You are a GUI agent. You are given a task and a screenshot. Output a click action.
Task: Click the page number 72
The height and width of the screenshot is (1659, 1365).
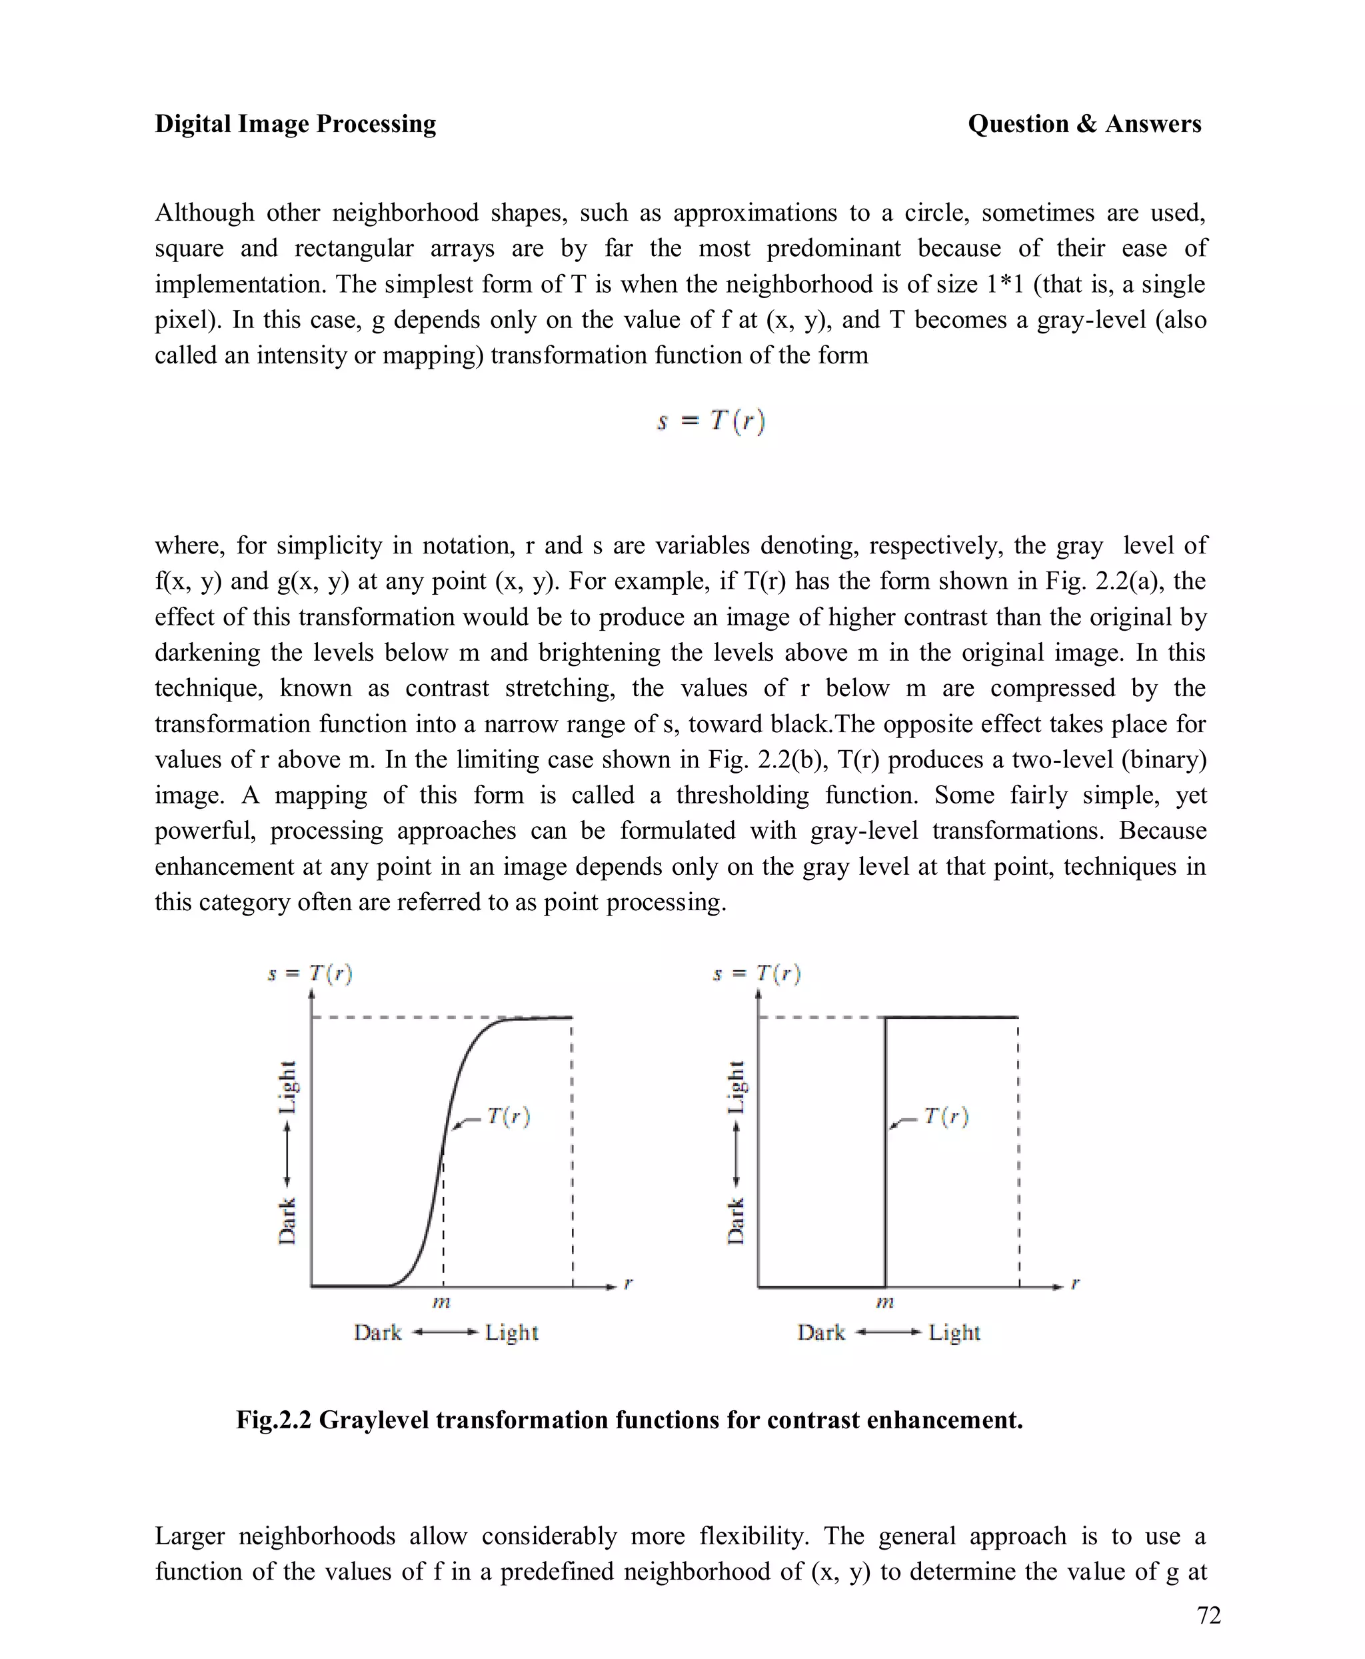click(1208, 1615)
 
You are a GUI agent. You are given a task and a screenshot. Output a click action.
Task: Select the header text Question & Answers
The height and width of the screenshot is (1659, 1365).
click(1084, 123)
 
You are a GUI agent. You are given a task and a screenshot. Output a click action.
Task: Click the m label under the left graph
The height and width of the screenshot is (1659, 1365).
click(442, 1303)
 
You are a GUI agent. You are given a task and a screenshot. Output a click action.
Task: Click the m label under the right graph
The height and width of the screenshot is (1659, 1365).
click(884, 1303)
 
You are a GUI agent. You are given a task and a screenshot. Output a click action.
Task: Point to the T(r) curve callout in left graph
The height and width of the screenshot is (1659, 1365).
click(508, 1116)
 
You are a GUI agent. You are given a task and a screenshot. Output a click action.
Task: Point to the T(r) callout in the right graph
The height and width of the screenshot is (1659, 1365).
click(946, 1116)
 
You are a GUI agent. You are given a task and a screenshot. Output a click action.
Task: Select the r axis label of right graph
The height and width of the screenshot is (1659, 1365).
click(1075, 1284)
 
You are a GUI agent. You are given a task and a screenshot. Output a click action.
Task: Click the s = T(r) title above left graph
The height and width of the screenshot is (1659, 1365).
click(310, 974)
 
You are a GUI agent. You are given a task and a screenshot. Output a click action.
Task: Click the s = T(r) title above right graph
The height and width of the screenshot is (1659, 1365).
click(756, 974)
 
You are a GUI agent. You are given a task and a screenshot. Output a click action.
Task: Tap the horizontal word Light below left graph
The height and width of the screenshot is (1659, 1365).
click(511, 1332)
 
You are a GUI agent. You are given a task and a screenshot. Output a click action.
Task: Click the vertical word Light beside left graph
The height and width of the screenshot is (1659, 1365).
click(288, 1087)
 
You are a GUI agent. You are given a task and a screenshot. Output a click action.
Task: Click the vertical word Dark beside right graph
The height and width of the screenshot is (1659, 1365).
click(735, 1222)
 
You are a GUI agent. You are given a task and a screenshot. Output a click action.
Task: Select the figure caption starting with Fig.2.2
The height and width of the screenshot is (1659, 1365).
click(629, 1420)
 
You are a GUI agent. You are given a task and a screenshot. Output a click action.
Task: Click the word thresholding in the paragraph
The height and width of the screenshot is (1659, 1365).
click(741, 795)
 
